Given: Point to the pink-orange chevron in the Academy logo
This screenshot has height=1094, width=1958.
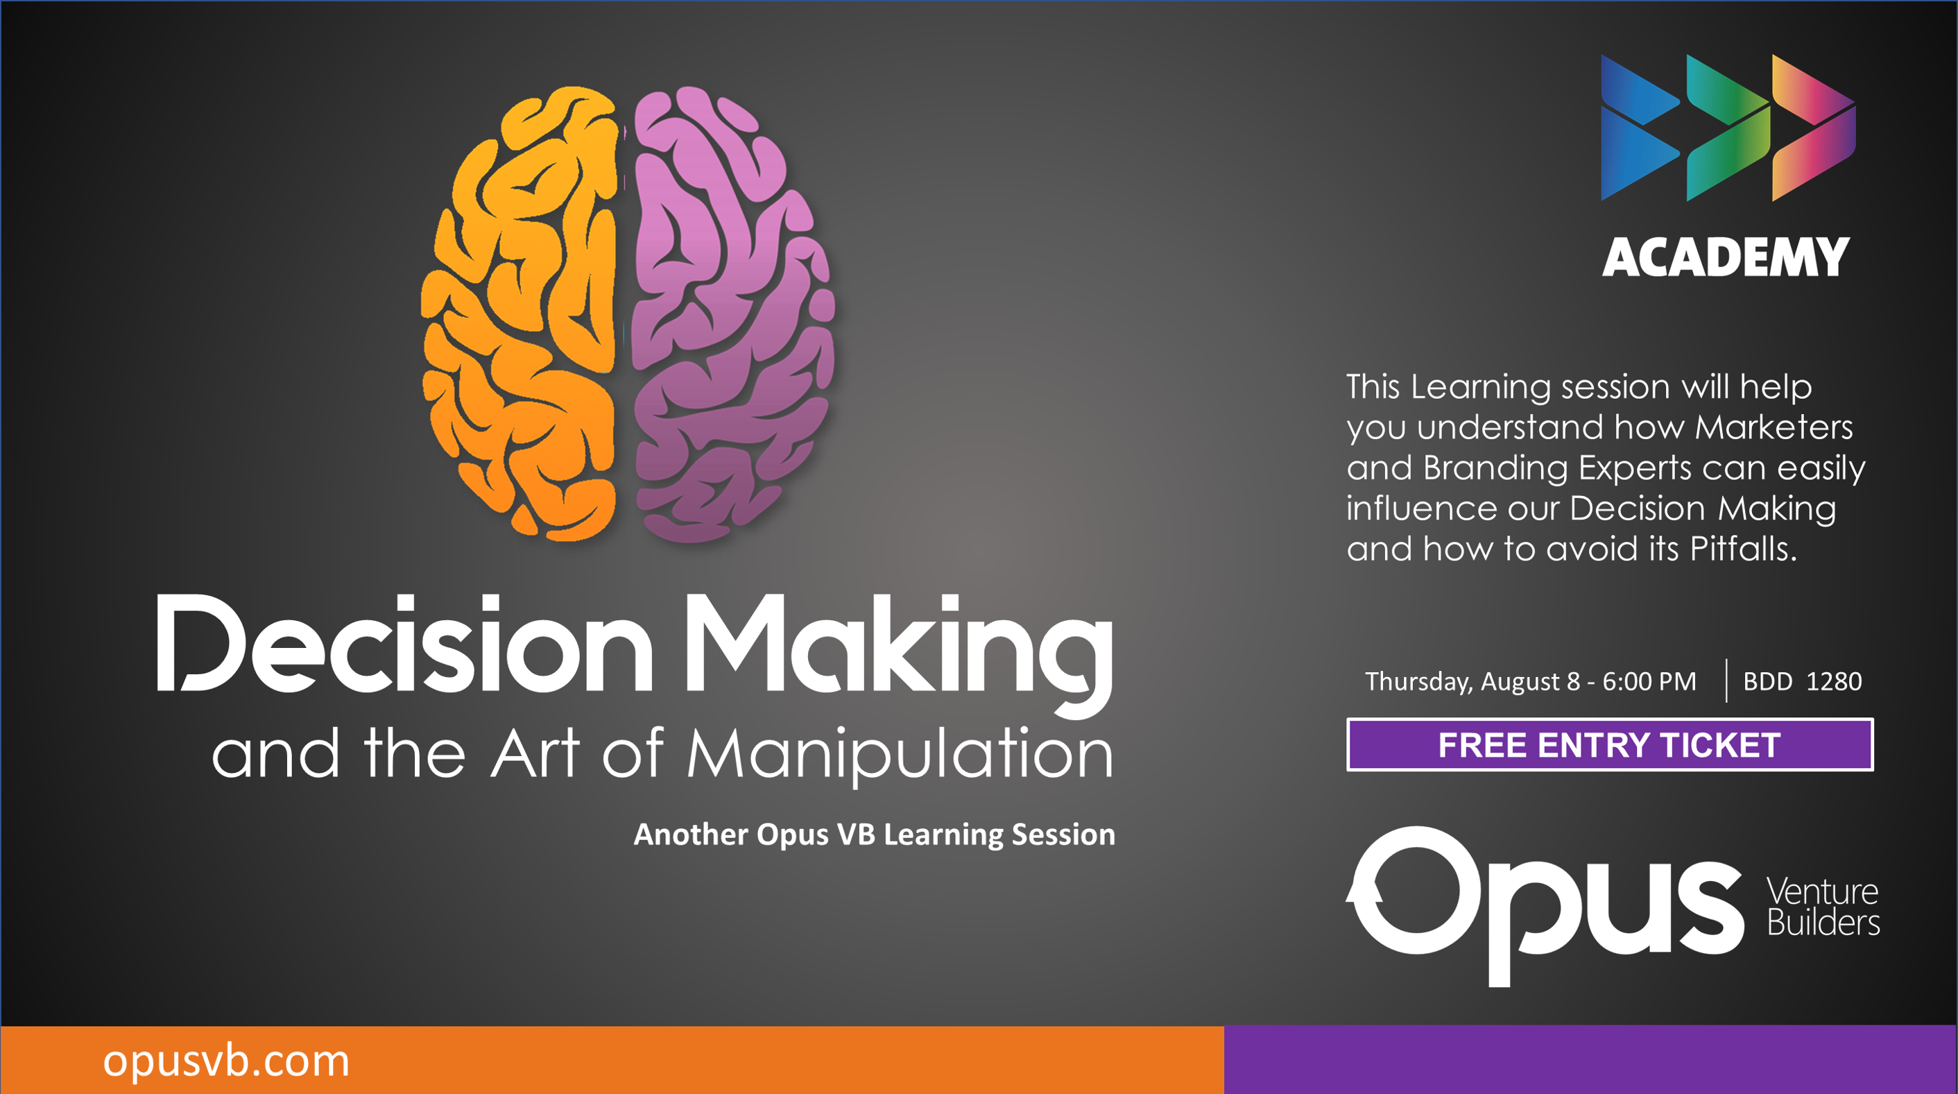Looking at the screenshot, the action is click(x=1813, y=127).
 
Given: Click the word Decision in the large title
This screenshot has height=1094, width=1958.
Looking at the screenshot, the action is click(x=404, y=643).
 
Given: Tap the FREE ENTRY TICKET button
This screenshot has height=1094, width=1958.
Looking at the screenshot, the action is click(x=1610, y=744).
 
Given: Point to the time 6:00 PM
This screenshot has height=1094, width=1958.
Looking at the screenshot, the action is click(x=1649, y=681).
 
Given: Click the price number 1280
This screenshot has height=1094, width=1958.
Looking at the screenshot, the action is click(x=1833, y=681).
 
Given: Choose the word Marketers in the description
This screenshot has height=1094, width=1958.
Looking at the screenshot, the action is click(x=1774, y=427).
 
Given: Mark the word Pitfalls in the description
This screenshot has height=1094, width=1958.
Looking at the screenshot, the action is click(x=1743, y=548).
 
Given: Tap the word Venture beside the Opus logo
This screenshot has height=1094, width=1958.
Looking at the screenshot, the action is click(x=1822, y=891).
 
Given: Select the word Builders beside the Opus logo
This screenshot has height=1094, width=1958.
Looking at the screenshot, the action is click(x=1823, y=923).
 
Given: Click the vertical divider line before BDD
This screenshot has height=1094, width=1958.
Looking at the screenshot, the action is click(x=1726, y=681).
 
